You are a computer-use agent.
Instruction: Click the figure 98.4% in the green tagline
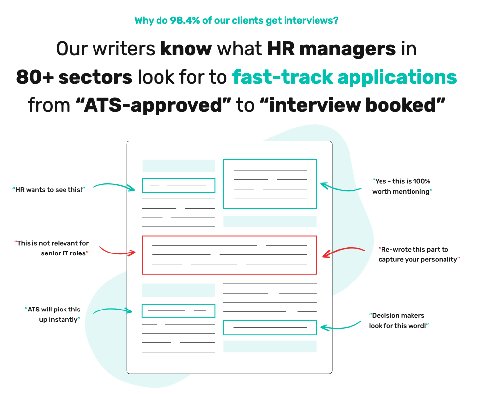[x=185, y=20]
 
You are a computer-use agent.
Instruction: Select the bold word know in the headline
[x=186, y=49]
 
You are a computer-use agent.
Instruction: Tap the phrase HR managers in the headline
[x=332, y=49]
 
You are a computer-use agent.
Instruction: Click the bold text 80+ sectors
[x=74, y=77]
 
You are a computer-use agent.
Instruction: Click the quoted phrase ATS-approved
[x=153, y=105]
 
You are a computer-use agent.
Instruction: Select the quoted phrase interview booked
[x=353, y=105]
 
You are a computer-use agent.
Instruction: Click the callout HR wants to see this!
[x=49, y=190]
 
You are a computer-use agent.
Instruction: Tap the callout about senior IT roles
[x=51, y=248]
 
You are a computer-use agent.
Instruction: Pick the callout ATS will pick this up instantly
[x=53, y=314]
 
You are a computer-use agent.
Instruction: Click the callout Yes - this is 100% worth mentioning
[x=402, y=186]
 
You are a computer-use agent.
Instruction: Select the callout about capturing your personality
[x=419, y=254]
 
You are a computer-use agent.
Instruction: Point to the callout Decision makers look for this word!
[x=399, y=320]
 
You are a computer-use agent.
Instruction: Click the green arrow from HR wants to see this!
[x=114, y=185]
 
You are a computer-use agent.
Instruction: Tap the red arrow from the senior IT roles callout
[x=117, y=253]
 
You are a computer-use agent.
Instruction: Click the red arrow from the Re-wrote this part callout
[x=344, y=249]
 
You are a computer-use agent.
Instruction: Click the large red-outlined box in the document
[x=229, y=236]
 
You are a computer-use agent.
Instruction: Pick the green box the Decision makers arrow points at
[x=270, y=320]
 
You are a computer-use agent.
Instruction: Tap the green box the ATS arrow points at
[x=178, y=304]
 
